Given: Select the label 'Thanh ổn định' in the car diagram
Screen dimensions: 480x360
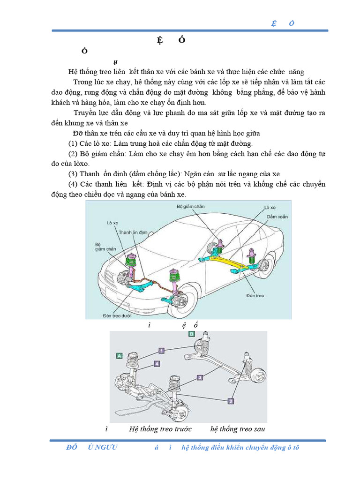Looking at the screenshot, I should tap(133, 232).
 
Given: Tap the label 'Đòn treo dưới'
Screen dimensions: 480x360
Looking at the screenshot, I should tap(118, 315).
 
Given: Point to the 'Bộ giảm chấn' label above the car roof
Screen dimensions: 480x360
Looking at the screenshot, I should tap(190, 206).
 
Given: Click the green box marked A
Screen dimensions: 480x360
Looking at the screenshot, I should tap(120, 356).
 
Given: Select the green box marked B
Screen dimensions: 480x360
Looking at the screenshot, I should tap(191, 334).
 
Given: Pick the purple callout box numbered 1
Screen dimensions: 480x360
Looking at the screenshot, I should tap(161, 350).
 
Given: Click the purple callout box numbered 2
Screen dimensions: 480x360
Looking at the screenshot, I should tap(231, 401).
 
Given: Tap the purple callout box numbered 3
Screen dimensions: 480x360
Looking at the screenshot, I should tap(200, 377).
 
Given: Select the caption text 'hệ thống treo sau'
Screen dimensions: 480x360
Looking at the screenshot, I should tap(238, 429).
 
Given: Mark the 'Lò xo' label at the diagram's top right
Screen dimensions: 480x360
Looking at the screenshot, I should tap(270, 207).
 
